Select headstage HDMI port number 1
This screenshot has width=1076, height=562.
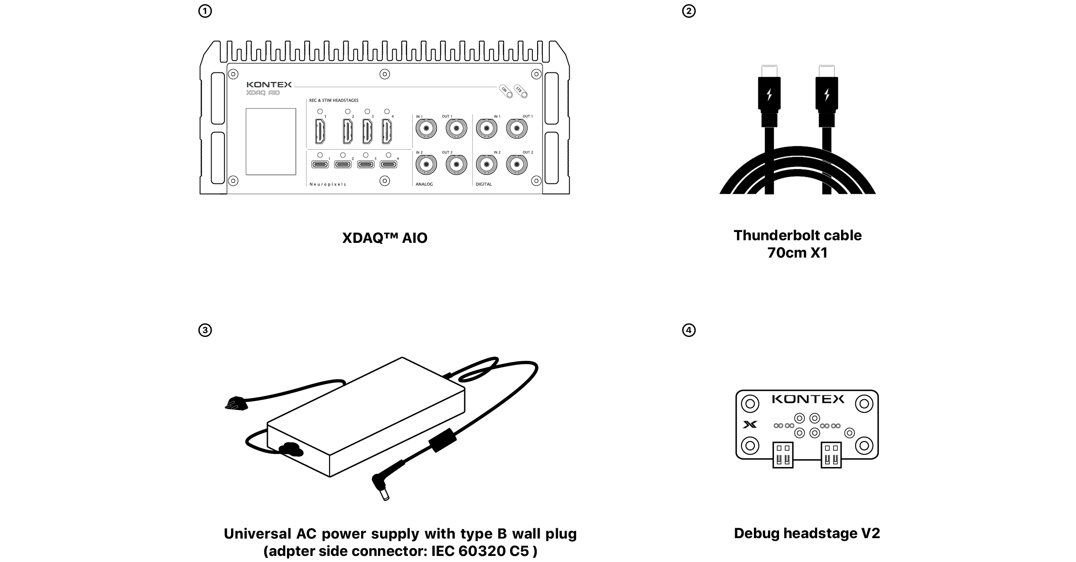click(x=320, y=131)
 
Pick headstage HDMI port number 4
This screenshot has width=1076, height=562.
click(x=387, y=131)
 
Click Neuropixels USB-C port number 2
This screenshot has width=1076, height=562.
click(x=343, y=164)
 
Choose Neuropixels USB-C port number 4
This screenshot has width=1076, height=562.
click(x=388, y=164)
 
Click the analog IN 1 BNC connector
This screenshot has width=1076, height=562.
click(x=426, y=128)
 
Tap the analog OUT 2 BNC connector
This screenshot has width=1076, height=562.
click(x=456, y=164)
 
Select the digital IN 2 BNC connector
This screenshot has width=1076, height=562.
click(x=487, y=164)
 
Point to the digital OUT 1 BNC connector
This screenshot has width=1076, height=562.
click(x=517, y=128)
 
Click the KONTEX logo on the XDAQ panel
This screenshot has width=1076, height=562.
click(x=269, y=85)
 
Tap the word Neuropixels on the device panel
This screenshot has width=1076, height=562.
click(x=328, y=184)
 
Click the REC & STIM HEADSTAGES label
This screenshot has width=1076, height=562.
click(x=334, y=101)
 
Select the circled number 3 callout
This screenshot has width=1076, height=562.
click(x=205, y=330)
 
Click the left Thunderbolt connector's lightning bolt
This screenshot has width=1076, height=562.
click(x=770, y=95)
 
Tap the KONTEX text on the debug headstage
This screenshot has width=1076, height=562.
click(x=808, y=399)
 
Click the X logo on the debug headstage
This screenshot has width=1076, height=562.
click(x=750, y=425)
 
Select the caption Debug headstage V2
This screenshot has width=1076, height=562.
click(x=807, y=533)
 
